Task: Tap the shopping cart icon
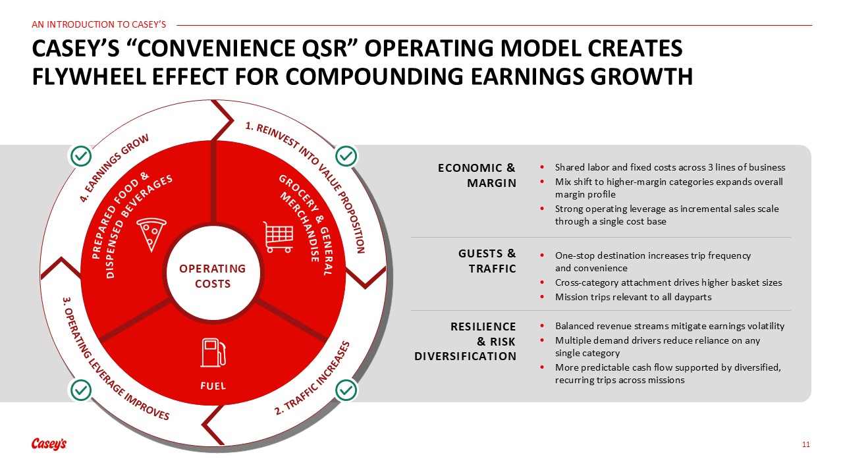click(278, 237)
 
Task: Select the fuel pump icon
click(213, 352)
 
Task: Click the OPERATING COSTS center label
click(213, 276)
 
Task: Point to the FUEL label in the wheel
click(213, 386)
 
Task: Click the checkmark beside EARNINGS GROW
click(81, 156)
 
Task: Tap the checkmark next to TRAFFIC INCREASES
click(346, 390)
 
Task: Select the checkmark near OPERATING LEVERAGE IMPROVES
click(81, 390)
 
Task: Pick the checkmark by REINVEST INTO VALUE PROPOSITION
click(346, 156)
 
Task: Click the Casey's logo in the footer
click(49, 444)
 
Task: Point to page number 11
click(805, 444)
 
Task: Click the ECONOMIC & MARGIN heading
click(477, 175)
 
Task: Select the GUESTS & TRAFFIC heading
click(487, 261)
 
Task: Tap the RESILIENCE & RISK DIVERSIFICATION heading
click(465, 341)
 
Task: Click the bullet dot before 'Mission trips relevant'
click(542, 297)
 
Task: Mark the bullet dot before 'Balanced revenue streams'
click(542, 326)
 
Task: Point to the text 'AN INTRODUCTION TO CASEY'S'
click(99, 24)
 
